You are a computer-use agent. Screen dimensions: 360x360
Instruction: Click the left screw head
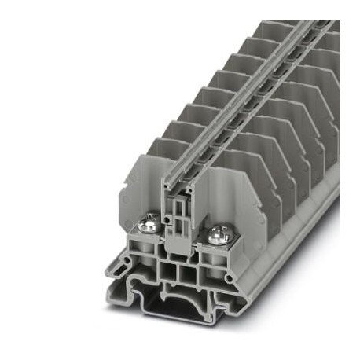(x=145, y=228)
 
